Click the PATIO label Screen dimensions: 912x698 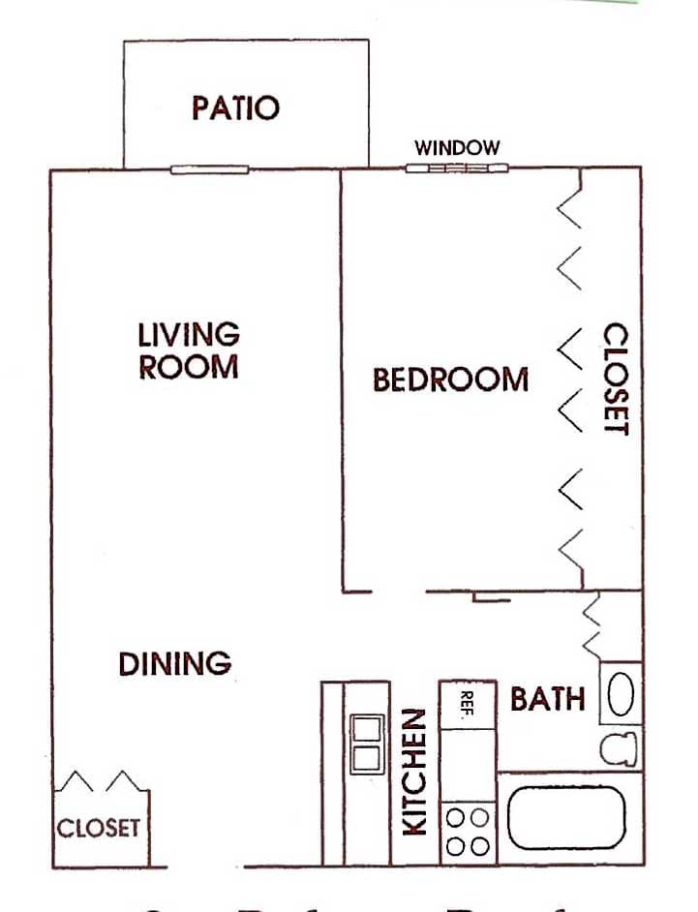tap(235, 106)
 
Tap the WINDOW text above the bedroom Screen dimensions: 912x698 tap(457, 148)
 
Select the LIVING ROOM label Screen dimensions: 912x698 tap(189, 350)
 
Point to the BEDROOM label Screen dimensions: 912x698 tap(451, 380)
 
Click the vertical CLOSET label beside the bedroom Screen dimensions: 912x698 tap(616, 379)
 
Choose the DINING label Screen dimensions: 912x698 tap(175, 664)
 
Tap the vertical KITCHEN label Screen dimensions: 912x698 tap(414, 772)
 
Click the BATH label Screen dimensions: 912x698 tap(547, 698)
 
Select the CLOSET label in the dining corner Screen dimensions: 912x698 tap(98, 829)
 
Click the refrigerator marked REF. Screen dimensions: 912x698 tap(469, 705)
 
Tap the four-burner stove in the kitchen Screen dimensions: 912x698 tap(468, 832)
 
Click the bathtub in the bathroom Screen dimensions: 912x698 tap(566, 818)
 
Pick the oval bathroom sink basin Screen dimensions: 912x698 tap(621, 694)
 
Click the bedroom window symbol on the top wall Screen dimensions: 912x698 tap(456, 168)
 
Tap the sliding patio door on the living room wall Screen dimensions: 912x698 tap(210, 170)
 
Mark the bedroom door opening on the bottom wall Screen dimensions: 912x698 tap(399, 592)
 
